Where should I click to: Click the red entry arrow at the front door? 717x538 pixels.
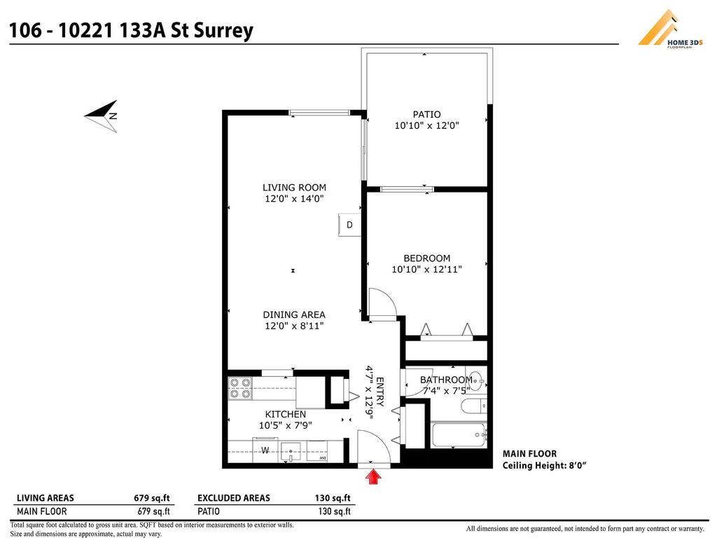click(x=375, y=477)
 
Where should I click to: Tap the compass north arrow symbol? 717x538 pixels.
click(x=102, y=114)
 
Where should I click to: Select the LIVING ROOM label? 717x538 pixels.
click(x=294, y=188)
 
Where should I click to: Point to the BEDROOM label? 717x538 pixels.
click(x=426, y=258)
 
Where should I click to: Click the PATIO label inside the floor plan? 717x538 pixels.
click(x=426, y=114)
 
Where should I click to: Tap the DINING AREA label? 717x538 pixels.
click(x=294, y=315)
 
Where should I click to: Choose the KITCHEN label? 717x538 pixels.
click(x=285, y=414)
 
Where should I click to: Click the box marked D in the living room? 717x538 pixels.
click(x=349, y=225)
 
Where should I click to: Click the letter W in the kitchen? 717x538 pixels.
click(x=265, y=450)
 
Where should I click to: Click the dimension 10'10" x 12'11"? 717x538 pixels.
click(x=426, y=269)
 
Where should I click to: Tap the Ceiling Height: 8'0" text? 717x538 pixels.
click(x=544, y=465)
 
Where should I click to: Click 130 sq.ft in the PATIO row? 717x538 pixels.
click(x=334, y=511)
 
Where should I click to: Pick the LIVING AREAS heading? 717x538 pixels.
click(x=45, y=498)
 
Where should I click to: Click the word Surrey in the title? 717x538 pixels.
click(x=222, y=31)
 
